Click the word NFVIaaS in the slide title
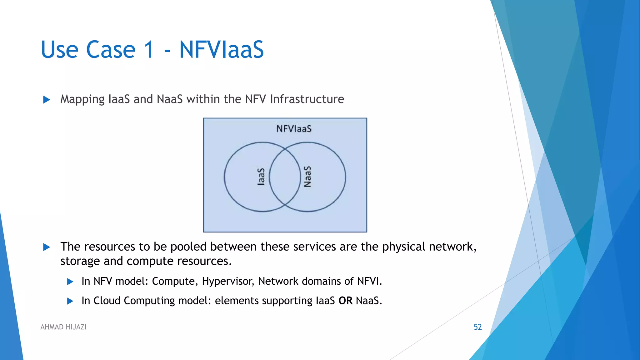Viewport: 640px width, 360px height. point(221,49)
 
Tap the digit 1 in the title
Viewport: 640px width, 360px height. point(149,49)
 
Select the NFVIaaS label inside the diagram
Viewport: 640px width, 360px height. point(294,129)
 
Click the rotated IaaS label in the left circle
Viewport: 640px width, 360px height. point(261,177)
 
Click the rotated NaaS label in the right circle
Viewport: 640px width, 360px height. point(308,177)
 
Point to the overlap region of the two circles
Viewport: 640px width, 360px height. point(285,177)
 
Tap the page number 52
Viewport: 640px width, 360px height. point(477,327)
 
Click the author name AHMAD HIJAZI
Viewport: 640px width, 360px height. point(63,327)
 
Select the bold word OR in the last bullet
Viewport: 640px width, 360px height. point(345,301)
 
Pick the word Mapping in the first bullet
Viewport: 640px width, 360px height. point(82,99)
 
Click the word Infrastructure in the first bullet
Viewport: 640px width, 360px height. point(307,99)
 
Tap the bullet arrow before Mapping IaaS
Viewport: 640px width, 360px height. point(47,100)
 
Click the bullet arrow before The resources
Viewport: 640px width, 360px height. point(47,247)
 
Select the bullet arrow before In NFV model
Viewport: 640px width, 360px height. point(70,282)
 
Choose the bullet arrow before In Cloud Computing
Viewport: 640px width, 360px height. point(70,301)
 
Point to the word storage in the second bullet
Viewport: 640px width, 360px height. point(80,261)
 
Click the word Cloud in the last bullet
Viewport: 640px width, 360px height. point(107,301)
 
